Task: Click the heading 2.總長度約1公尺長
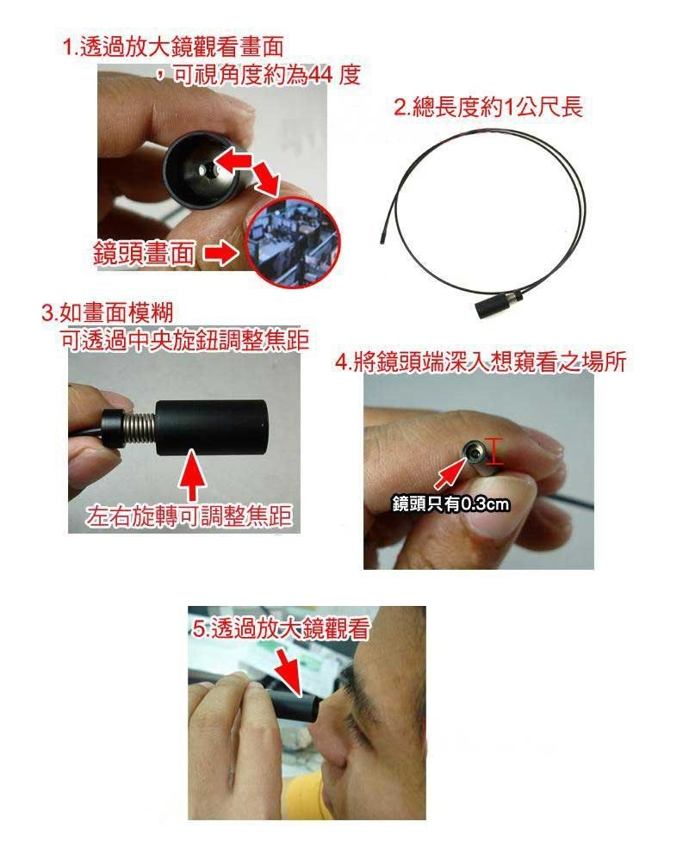(487, 108)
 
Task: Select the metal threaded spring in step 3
(138, 425)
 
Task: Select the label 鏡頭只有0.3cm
(450, 503)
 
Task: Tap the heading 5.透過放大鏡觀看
(281, 629)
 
